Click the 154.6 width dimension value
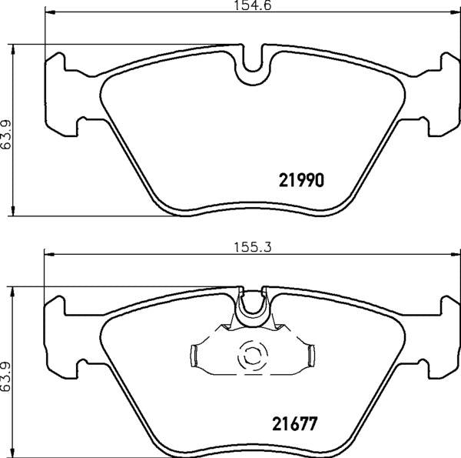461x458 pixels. click(x=252, y=5)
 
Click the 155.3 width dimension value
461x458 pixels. click(x=253, y=247)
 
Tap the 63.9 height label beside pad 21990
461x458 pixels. click(x=6, y=134)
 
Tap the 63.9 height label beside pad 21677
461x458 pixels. click(x=5, y=376)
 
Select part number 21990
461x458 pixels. click(x=301, y=180)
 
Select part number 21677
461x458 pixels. click(x=294, y=424)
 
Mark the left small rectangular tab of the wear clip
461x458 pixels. click(x=194, y=356)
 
